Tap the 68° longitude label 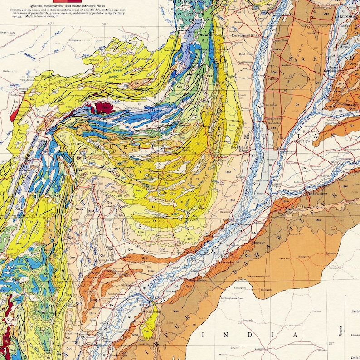click(105, 24)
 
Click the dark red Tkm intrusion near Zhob click(103, 107)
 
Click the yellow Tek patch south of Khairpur click(146, 331)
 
